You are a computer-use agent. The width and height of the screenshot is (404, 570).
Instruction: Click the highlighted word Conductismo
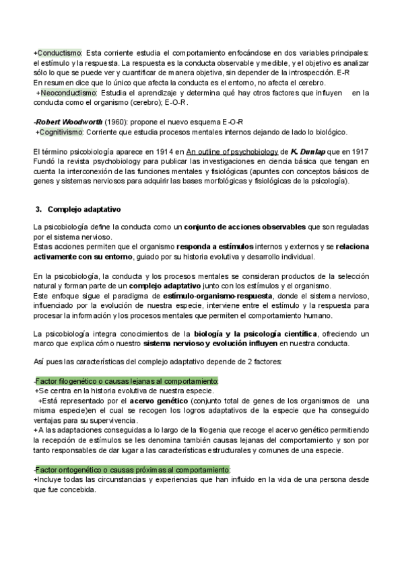coord(59,52)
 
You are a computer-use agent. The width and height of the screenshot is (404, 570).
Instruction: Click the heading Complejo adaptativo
coord(83,210)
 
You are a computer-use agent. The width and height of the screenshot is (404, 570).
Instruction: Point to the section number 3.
coord(38,210)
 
